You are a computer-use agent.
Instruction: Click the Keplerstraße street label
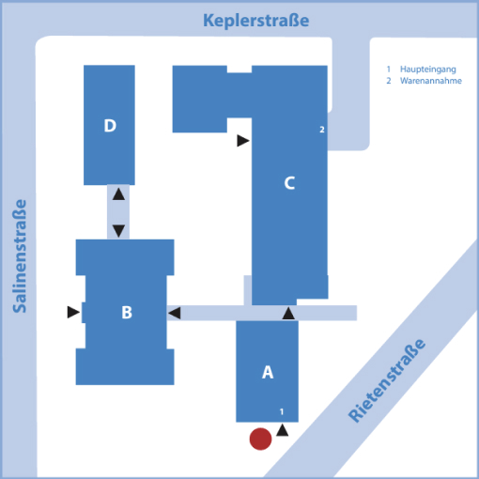pos(256,21)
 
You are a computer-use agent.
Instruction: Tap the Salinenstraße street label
pos(20,256)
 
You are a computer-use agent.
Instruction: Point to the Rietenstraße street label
pos(387,380)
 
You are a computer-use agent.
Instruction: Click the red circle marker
pos(260,439)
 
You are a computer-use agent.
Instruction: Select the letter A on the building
pos(268,372)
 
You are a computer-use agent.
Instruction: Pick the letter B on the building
pos(127,312)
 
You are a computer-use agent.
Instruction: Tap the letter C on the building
pos(289,183)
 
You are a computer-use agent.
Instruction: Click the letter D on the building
pos(110,126)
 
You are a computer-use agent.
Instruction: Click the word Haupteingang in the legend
pos(428,70)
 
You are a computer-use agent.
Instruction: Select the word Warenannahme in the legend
pos(431,81)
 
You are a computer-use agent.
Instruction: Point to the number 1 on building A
pos(282,411)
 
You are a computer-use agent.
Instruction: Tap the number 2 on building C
pos(322,130)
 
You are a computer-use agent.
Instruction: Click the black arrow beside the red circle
pos(282,430)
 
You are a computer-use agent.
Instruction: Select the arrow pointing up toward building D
pos(118,194)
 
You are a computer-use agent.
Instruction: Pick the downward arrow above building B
pos(118,231)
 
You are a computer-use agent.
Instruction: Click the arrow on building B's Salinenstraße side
pos(73,312)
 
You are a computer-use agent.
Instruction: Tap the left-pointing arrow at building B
pos(175,313)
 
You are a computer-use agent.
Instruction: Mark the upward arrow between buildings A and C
pos(288,313)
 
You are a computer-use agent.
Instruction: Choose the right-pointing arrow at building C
pos(243,141)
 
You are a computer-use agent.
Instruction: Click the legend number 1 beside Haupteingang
pos(389,69)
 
